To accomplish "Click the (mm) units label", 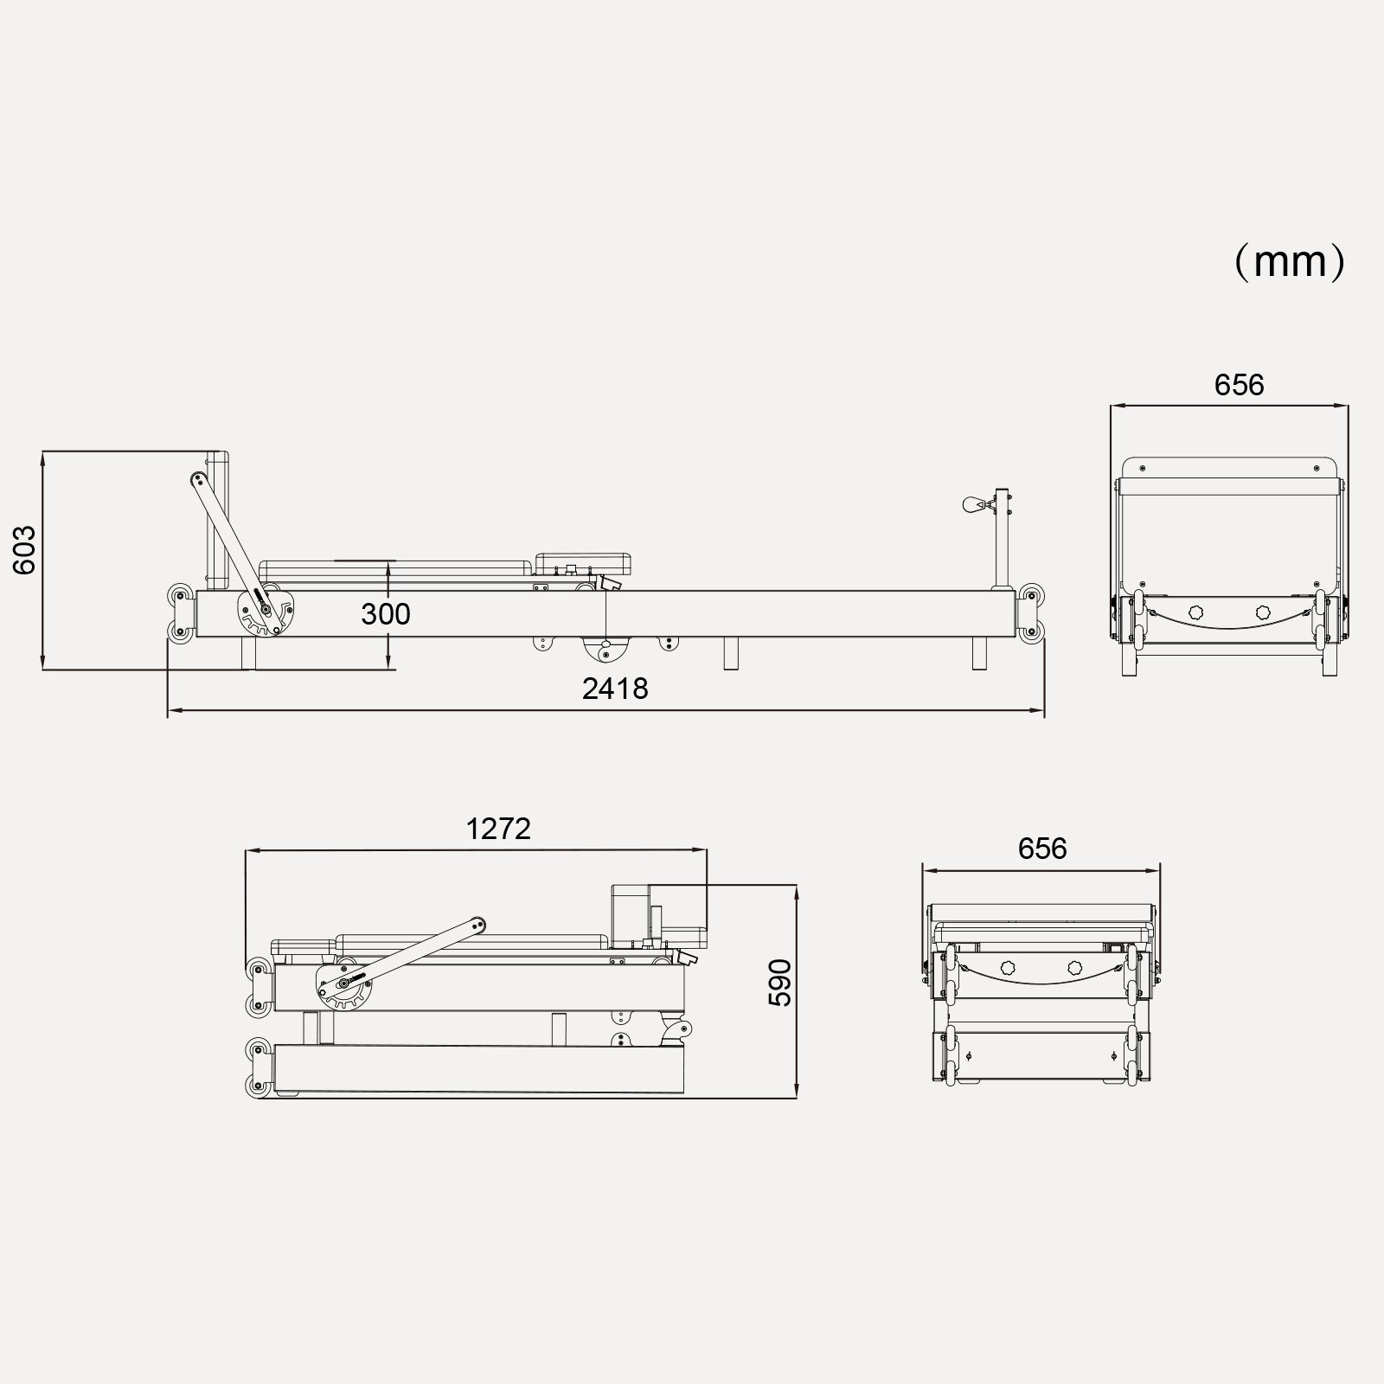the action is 1290,261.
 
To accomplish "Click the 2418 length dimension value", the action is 615,689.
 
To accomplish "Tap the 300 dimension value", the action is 386,614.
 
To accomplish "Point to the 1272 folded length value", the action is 498,829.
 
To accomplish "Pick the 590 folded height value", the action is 779,983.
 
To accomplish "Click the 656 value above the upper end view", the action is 1239,385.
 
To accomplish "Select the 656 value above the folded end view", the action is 1042,849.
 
